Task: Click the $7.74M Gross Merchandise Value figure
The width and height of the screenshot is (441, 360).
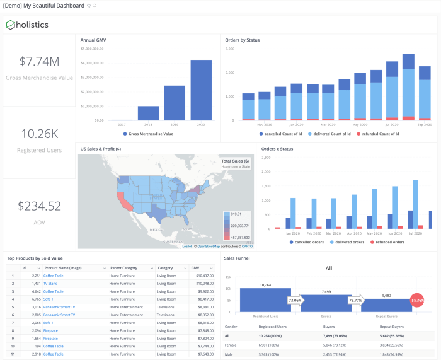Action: click(39, 62)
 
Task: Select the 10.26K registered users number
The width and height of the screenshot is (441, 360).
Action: click(39, 134)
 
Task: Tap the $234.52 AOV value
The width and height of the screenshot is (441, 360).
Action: click(39, 206)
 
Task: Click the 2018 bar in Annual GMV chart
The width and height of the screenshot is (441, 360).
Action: click(148, 113)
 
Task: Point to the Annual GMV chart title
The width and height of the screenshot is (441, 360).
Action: click(93, 40)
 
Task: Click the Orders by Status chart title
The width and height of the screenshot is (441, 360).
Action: click(243, 40)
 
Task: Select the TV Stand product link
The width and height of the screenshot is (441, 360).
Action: click(50, 284)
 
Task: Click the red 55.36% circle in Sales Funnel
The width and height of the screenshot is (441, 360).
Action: click(418, 301)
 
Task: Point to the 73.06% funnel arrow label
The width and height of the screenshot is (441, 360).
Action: click(294, 301)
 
